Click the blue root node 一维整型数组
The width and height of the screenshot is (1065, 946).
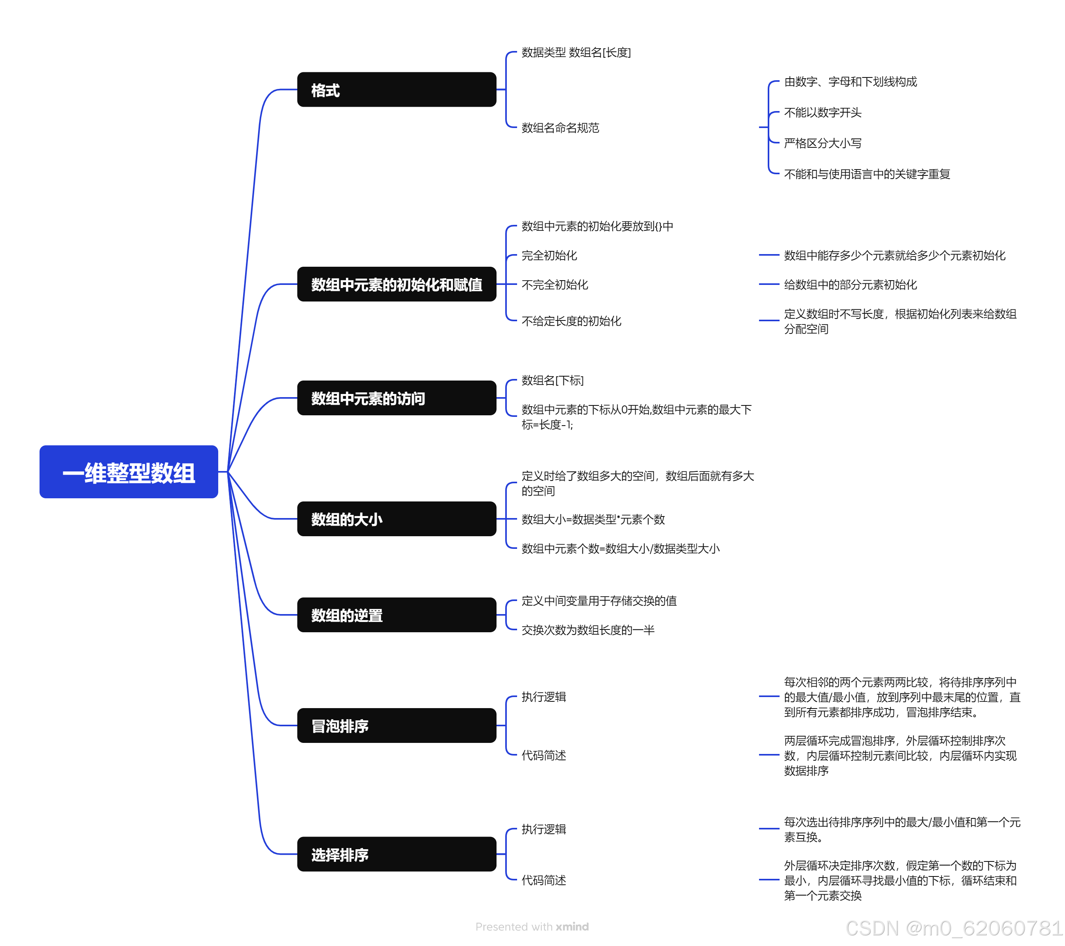(x=129, y=472)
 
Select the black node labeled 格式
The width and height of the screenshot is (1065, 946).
(x=397, y=90)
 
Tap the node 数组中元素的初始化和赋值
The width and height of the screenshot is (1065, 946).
(x=397, y=285)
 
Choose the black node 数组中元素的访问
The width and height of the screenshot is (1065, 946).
(x=397, y=398)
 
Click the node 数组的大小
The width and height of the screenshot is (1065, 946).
(x=397, y=519)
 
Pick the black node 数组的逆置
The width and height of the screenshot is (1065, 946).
(x=397, y=615)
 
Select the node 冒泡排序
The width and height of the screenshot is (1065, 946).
(x=397, y=725)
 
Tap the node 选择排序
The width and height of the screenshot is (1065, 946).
(x=397, y=854)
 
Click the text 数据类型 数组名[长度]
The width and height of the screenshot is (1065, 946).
(x=576, y=53)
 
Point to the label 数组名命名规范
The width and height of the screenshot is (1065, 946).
(x=560, y=128)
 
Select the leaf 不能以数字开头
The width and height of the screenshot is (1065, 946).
(x=822, y=113)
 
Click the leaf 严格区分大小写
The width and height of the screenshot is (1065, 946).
(x=822, y=143)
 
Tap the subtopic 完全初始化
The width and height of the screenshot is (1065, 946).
(x=549, y=255)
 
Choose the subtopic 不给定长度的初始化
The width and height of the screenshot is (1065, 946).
(x=571, y=321)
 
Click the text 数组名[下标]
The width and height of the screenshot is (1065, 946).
(x=552, y=380)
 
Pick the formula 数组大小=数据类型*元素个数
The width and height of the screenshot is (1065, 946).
(x=593, y=519)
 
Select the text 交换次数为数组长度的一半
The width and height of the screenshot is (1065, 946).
(x=588, y=630)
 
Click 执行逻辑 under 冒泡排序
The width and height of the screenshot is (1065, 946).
(x=544, y=697)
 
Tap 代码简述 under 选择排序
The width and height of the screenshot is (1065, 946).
(x=544, y=880)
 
